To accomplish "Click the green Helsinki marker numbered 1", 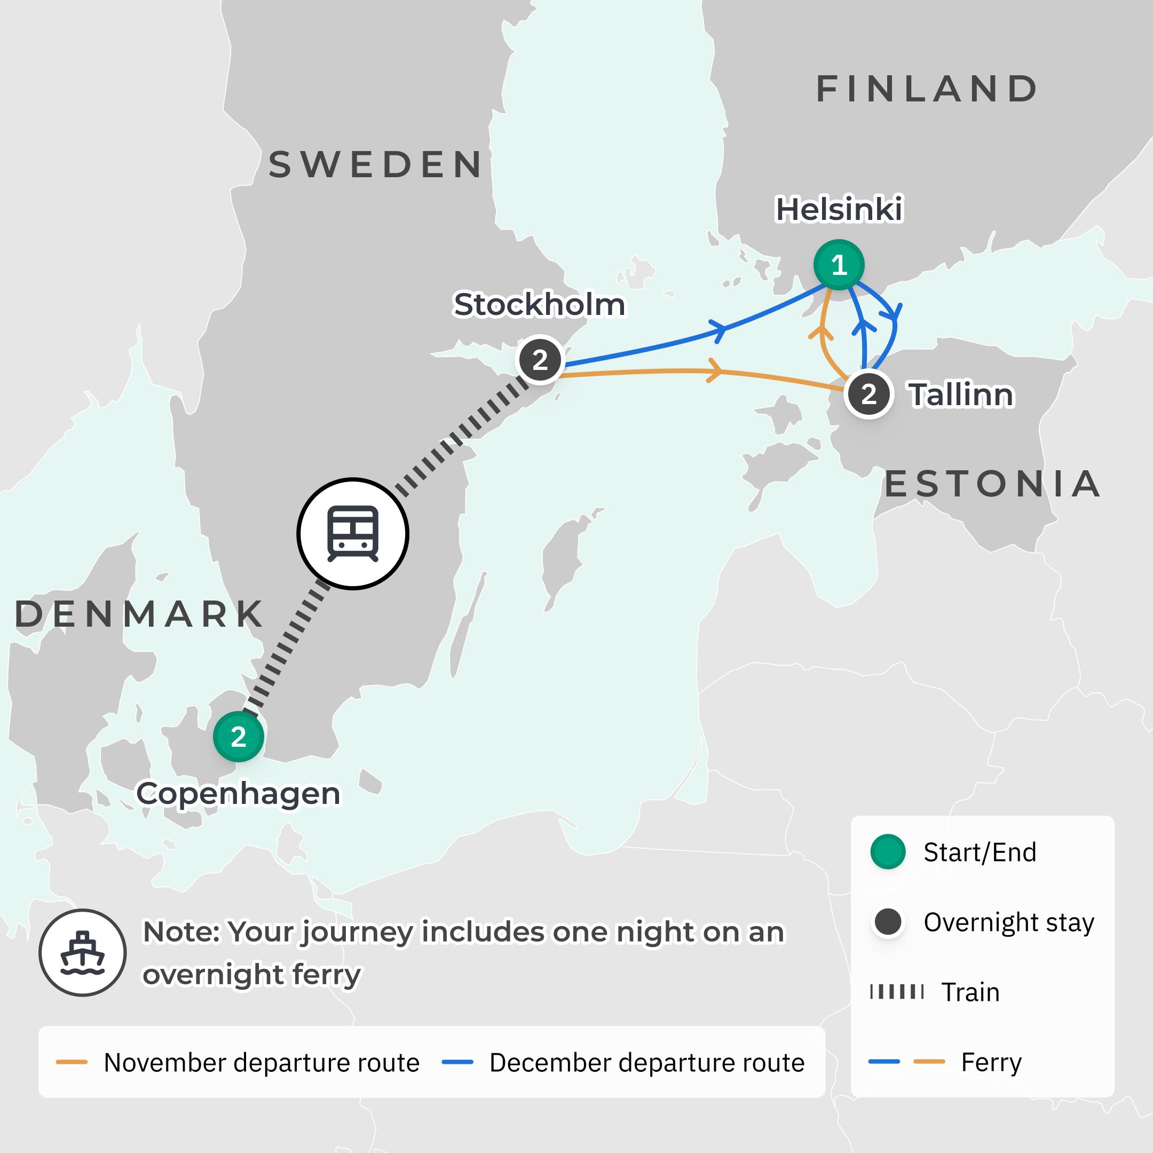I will tap(839, 264).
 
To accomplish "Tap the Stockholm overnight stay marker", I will tap(540, 360).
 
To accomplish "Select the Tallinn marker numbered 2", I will tap(868, 394).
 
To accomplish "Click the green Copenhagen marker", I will tap(238, 737).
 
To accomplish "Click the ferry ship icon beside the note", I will tap(82, 952).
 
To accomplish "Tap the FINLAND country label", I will tap(927, 89).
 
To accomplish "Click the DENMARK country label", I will tap(139, 613).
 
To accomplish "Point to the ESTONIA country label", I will tap(992, 484).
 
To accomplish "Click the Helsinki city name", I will tap(839, 209).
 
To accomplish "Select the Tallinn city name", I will tap(961, 394).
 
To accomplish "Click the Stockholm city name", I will tap(540, 304).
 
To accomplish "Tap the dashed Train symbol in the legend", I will tap(897, 992).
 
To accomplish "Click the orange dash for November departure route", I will tap(72, 1062).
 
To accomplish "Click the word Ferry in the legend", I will tap(991, 1062).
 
